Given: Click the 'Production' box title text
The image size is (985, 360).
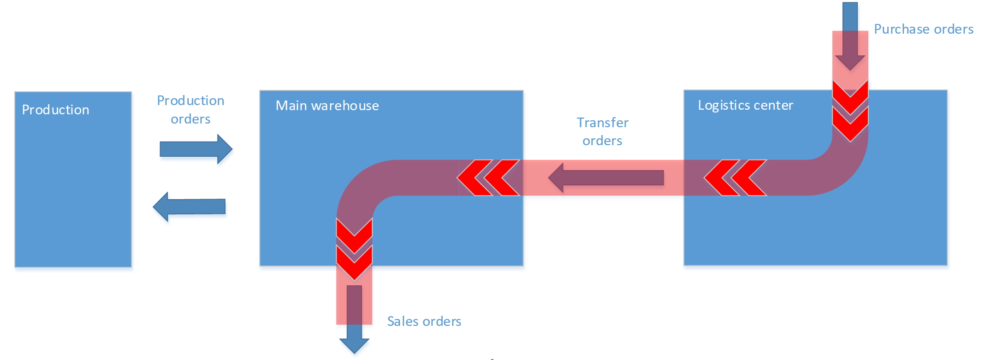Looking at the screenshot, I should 55,110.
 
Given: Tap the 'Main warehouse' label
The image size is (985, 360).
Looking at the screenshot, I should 327,106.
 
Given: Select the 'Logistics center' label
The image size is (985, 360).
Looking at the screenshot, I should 745,105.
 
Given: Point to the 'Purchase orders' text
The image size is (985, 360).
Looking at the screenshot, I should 923,29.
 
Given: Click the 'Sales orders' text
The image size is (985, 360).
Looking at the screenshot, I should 424,321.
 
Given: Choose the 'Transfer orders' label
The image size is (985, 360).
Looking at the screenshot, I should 602,131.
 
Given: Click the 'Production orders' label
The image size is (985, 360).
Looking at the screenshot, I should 190,110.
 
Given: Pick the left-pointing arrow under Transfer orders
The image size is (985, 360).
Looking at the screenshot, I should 606,177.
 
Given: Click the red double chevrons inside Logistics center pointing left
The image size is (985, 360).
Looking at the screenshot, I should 735,177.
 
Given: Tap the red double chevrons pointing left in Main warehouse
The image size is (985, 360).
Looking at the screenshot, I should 488,177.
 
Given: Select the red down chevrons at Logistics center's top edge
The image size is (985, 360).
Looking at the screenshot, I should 850,111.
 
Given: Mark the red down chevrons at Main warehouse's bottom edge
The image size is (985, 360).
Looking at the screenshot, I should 354,249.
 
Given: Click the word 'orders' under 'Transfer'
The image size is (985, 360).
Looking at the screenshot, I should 602,141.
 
